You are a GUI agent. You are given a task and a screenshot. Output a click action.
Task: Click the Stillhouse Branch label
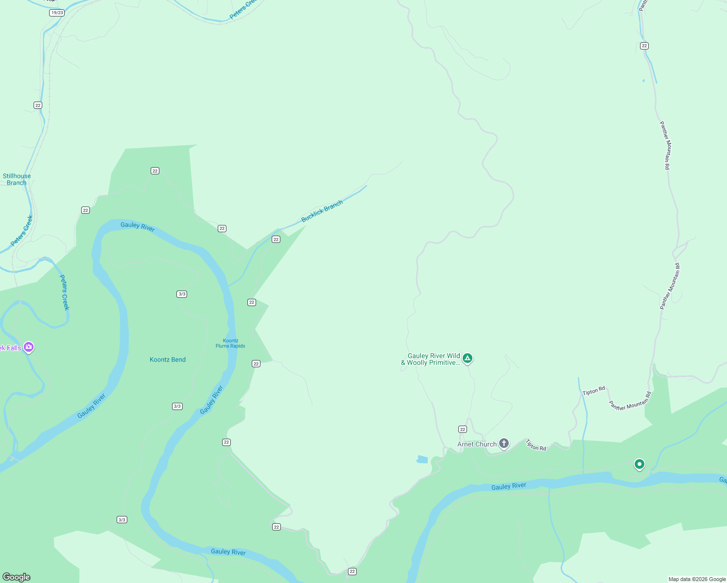[x=17, y=179]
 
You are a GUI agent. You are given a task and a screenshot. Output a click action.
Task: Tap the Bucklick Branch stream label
[x=322, y=211]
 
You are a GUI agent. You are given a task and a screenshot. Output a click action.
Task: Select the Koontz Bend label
[x=168, y=360]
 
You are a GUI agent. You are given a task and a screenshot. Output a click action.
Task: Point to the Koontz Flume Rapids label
[x=230, y=343]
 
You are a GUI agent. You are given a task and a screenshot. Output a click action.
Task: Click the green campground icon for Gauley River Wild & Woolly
[x=467, y=359]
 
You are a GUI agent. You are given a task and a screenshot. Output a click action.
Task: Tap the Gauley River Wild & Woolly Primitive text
[x=431, y=359]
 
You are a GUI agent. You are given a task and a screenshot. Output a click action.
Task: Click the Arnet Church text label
[x=477, y=444]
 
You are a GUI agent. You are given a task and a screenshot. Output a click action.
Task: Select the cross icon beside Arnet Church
[x=504, y=443]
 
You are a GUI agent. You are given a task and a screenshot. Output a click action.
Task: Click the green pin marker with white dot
[x=640, y=464]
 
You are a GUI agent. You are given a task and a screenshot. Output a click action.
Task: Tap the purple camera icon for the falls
[x=29, y=347]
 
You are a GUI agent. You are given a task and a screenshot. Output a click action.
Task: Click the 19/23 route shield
[x=57, y=13]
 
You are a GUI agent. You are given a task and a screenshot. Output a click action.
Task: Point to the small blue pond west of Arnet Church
[x=422, y=459]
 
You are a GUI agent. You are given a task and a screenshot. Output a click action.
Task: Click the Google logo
[x=17, y=577]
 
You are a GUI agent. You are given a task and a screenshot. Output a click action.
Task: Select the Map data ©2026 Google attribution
[x=697, y=579]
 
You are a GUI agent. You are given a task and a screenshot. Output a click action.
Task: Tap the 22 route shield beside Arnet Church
[x=463, y=429]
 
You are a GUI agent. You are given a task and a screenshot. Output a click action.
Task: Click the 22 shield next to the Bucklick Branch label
[x=276, y=239]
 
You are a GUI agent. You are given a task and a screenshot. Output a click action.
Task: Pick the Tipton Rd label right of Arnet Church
[x=536, y=445]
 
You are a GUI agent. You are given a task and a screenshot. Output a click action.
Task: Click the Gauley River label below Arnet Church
[x=508, y=486]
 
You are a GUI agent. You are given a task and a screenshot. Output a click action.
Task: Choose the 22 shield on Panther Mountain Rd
[x=644, y=46]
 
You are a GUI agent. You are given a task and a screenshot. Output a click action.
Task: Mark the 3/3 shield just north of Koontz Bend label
[x=182, y=294]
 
